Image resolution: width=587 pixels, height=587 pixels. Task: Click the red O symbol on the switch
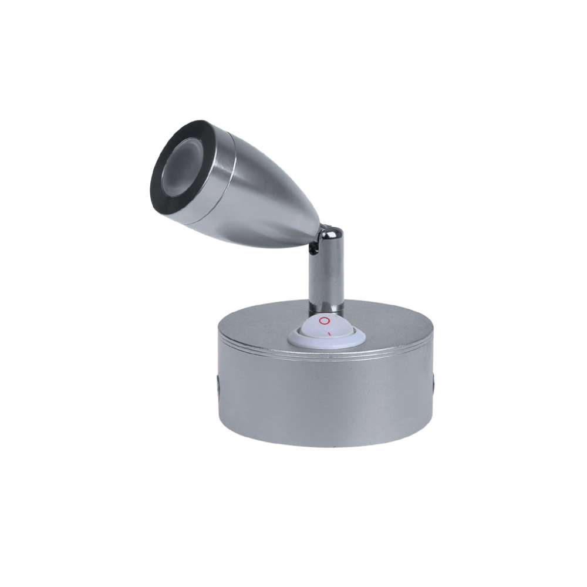(x=323, y=321)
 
